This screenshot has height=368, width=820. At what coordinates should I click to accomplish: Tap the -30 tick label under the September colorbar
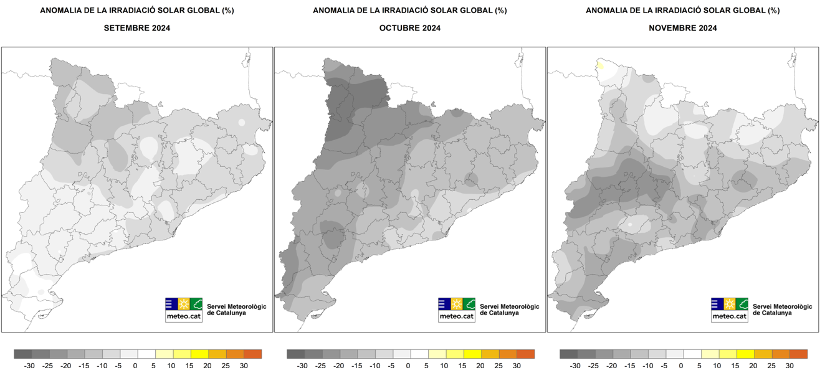coord(29,365)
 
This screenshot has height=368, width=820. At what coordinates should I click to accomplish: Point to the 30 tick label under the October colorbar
coord(517,365)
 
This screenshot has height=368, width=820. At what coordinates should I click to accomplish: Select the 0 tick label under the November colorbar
coord(681,365)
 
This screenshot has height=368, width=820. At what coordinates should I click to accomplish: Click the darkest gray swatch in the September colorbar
coord(23,354)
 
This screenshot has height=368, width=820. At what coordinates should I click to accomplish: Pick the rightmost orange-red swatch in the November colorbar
coord(798,354)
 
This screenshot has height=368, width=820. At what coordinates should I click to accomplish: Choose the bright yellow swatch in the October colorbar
coord(472,354)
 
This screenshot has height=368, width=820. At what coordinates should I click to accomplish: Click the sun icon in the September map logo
coord(184,304)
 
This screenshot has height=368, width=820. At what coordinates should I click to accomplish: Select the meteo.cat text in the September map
coord(184,316)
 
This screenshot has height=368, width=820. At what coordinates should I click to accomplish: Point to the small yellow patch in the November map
coord(600,65)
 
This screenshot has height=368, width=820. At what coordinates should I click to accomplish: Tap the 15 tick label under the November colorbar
coord(735,365)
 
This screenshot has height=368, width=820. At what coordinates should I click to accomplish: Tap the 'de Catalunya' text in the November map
coord(772,313)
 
